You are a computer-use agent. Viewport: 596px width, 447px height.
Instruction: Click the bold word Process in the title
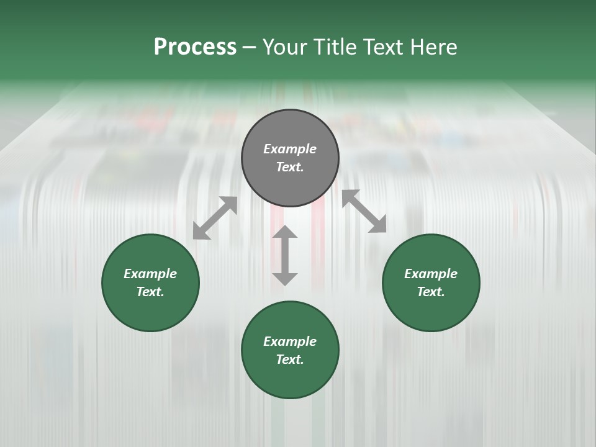[195, 47]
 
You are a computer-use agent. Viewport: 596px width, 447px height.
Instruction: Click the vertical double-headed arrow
[285, 255]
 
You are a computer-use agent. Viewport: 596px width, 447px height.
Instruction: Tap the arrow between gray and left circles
[215, 218]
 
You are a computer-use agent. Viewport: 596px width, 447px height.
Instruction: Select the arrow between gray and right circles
[364, 211]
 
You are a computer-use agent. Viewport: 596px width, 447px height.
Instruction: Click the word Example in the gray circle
[290, 149]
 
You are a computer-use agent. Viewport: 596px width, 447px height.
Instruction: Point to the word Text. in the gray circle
[290, 167]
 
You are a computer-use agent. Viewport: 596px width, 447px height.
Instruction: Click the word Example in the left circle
[150, 274]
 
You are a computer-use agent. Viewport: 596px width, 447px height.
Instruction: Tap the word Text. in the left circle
[150, 292]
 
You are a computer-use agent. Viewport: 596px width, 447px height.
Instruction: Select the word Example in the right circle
[431, 274]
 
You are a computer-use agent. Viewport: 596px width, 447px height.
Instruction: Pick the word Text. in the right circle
[431, 292]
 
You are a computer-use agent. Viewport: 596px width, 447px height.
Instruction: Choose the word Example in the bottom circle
[290, 341]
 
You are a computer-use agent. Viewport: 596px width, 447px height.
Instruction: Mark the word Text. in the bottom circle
[290, 359]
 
